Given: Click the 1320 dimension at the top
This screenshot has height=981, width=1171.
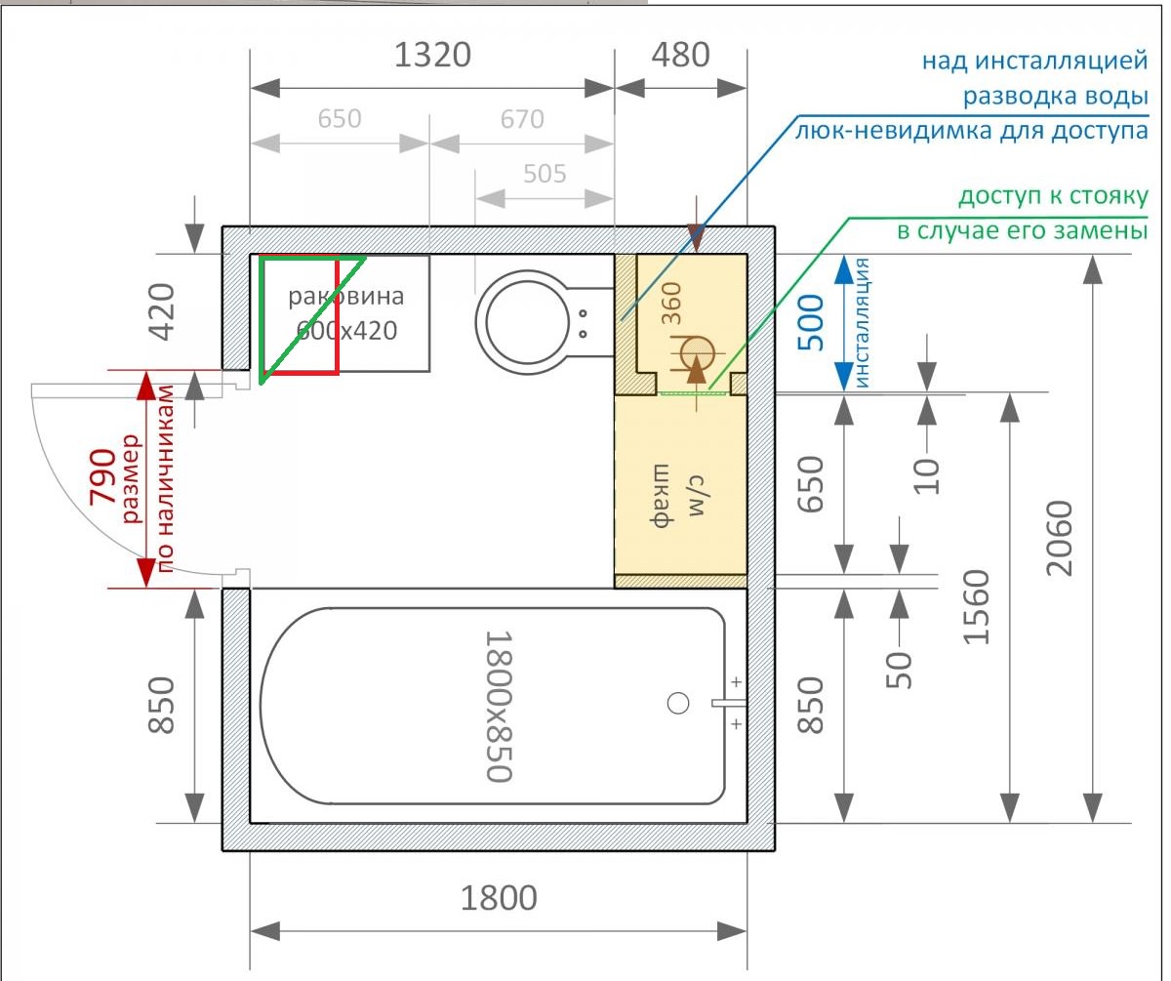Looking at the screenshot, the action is coord(432,55).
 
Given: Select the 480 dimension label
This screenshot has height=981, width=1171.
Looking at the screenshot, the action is coord(680,55).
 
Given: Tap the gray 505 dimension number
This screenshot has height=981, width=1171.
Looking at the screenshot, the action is coord(545,174).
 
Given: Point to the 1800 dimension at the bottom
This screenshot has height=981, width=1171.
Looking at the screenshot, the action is coord(499,898).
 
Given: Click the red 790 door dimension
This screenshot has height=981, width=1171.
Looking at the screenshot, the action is coord(102,475).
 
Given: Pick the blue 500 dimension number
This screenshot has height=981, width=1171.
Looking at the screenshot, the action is coord(811,322).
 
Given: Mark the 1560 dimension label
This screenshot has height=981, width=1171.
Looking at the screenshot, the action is coord(976,607).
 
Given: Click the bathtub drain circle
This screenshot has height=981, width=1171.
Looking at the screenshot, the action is coord(678,704).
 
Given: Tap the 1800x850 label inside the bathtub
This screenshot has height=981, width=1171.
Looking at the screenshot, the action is coord(499,706).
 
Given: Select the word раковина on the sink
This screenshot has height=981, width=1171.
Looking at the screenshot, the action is coord(346,296).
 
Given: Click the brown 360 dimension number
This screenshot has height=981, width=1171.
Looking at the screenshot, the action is coord(670,304).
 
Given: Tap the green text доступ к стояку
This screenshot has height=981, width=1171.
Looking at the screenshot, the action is coord(1053,196).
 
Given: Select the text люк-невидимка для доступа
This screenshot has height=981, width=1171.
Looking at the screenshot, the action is coord(972,131).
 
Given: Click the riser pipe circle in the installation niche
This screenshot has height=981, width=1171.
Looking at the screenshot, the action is coord(697,353).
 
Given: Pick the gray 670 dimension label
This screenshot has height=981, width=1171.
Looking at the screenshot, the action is coord(522,119).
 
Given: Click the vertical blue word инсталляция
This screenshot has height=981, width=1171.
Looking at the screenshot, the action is coord(863,322).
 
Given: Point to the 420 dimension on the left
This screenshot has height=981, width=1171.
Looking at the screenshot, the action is coord(162,311).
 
